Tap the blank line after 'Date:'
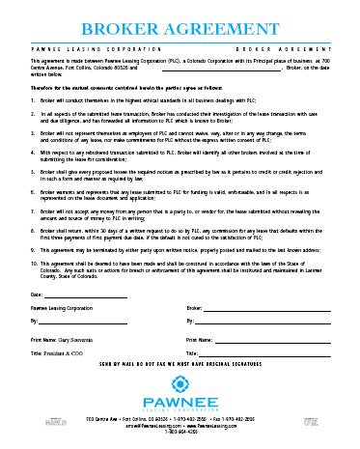pos(86,296)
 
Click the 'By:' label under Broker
pos(190,319)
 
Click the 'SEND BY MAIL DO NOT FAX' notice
pos(180,368)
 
